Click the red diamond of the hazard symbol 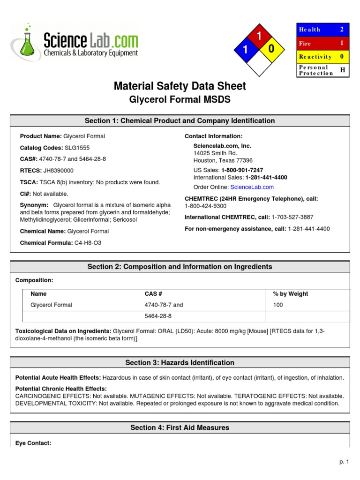point(257,36)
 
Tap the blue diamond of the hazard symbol point(244,50)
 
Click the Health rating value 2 point(342,30)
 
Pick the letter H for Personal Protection point(342,70)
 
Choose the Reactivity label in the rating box point(315,57)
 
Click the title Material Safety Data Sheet point(180,86)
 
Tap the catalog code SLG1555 point(77,148)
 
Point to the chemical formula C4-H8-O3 point(88,243)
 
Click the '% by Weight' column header point(290,294)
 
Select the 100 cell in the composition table point(278,305)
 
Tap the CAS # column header point(153,294)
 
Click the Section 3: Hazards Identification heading point(180,363)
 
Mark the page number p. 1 point(345,462)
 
